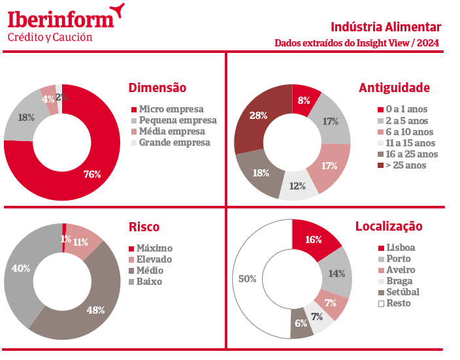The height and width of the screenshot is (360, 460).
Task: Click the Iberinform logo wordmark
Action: pos(60,18)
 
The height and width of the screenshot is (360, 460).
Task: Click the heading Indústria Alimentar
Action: pos(386,27)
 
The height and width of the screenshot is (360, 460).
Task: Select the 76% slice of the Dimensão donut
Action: pos(92,174)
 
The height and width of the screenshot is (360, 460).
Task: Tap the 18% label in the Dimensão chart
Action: pos(26,118)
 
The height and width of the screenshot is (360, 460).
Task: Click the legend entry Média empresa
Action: pos(172,131)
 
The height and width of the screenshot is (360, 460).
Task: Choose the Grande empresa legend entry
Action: pos(174,142)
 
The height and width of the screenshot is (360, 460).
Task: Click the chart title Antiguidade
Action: pos(394,88)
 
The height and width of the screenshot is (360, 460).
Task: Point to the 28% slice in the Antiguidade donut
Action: pos(259,116)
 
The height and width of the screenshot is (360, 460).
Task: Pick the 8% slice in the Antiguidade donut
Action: pos(304,101)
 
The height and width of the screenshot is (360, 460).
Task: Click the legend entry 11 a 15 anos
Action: pos(410,143)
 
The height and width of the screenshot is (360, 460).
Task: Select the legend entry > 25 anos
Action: pos(406,165)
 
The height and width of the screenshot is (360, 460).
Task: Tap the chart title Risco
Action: pos(144,227)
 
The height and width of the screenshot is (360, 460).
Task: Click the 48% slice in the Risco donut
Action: pos(95,310)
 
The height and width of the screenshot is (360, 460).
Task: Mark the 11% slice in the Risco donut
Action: pos(81,241)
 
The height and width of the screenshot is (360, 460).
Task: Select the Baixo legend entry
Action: pos(150,282)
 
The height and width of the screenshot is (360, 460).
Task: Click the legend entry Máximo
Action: pos(154,248)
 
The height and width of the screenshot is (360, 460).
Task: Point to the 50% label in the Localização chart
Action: pos(247,279)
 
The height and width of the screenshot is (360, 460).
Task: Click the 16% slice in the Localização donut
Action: pos(314,240)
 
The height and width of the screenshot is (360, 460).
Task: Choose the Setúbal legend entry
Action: pos(402,292)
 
